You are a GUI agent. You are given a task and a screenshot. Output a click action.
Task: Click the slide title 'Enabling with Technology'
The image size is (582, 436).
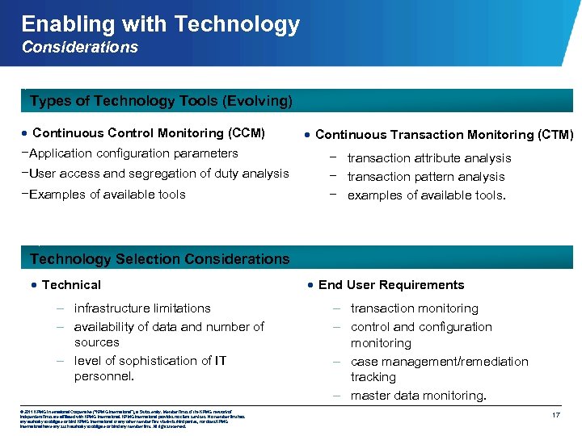[160, 24]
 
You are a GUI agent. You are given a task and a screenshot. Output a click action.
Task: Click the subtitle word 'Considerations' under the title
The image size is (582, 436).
[80, 48]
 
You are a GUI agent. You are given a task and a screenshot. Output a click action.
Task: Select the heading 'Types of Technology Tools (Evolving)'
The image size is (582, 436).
[161, 101]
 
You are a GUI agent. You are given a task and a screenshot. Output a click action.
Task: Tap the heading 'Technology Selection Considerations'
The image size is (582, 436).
[159, 259]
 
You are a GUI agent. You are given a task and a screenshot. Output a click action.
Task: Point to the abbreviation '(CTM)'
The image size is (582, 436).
[555, 135]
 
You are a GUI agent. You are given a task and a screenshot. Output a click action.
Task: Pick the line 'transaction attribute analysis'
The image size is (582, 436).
[429, 158]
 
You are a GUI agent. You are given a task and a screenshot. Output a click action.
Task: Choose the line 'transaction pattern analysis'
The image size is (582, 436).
[426, 177]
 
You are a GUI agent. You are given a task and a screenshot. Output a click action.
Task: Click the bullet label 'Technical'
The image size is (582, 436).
[71, 285]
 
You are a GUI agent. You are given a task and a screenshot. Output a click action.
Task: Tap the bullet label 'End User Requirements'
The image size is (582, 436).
[391, 285]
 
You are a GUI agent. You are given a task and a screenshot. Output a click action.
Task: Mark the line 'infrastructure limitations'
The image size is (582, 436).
[142, 308]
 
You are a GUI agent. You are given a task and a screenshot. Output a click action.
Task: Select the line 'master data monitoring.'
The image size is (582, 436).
[419, 396]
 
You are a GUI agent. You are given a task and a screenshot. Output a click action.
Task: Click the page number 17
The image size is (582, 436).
[555, 414]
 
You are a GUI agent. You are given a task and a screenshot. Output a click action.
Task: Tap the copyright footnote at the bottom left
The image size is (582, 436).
[121, 419]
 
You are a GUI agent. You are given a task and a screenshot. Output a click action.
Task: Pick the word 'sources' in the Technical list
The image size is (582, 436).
[96, 342]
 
